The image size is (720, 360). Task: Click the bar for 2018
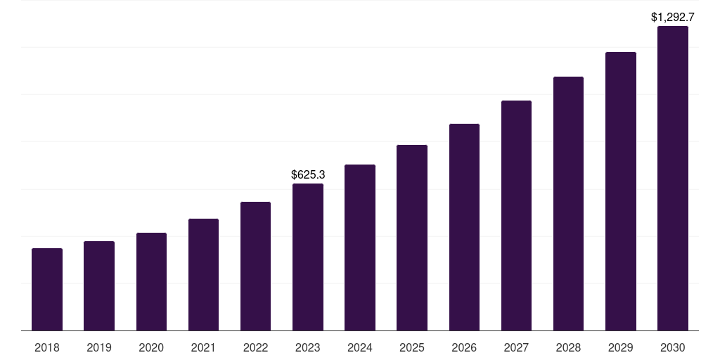coord(47,289)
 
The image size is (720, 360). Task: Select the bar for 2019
coord(99,285)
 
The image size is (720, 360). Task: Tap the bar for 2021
coord(203,274)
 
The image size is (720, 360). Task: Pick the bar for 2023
coord(308,257)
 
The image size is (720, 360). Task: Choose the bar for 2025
coord(412,238)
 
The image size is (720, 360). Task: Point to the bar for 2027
coord(516,215)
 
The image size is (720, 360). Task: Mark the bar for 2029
coord(621,191)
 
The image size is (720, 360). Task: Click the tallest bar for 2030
coord(673,178)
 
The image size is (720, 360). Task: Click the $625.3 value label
coord(308,174)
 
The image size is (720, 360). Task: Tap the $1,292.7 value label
coord(673,16)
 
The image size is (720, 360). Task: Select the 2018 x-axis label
coord(47,347)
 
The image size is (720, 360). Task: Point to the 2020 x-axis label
coord(151,347)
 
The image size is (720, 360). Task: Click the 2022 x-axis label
coord(255,347)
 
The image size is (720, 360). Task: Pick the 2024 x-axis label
coord(360,347)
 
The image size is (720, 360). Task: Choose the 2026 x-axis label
coord(464,347)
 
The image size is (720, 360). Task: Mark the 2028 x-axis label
coord(568,347)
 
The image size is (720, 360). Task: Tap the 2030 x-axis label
coord(673,347)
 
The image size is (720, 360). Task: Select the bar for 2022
coord(255,266)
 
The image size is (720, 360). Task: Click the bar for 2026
coord(464,227)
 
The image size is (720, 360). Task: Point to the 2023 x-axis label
coord(308,347)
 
